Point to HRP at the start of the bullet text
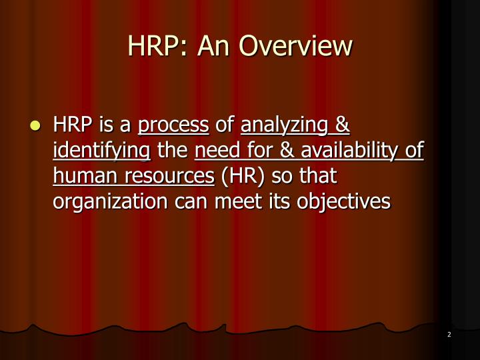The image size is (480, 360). (x=72, y=125)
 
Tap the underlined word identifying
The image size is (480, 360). (x=101, y=151)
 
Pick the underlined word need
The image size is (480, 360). (x=216, y=151)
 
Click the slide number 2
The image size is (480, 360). (x=449, y=335)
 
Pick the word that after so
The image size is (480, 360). (x=313, y=176)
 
